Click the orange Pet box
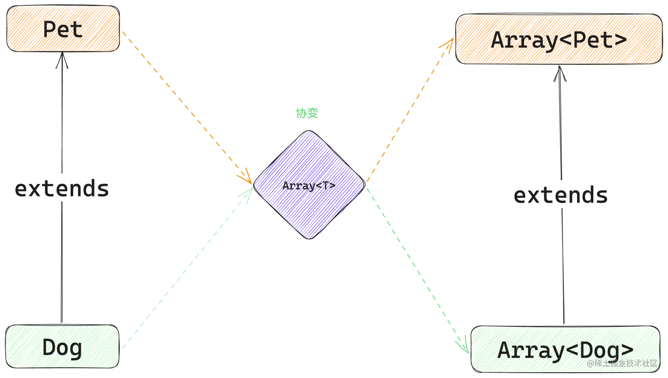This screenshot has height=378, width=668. [x=63, y=29]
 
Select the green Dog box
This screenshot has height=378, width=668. [x=62, y=347]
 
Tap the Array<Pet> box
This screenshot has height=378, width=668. [x=559, y=39]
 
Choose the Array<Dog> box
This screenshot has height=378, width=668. [x=566, y=349]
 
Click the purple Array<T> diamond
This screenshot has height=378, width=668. [x=309, y=185]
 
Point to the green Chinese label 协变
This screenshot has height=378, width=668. [x=307, y=113]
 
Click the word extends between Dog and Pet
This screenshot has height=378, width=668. [x=62, y=189]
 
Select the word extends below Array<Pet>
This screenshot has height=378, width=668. [x=561, y=195]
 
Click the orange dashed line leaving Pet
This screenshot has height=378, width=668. [x=187, y=107]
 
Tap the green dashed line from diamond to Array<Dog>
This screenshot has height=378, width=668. [x=417, y=270]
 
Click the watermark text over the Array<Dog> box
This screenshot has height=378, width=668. [x=622, y=363]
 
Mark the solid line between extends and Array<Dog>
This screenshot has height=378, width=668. [x=563, y=266]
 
